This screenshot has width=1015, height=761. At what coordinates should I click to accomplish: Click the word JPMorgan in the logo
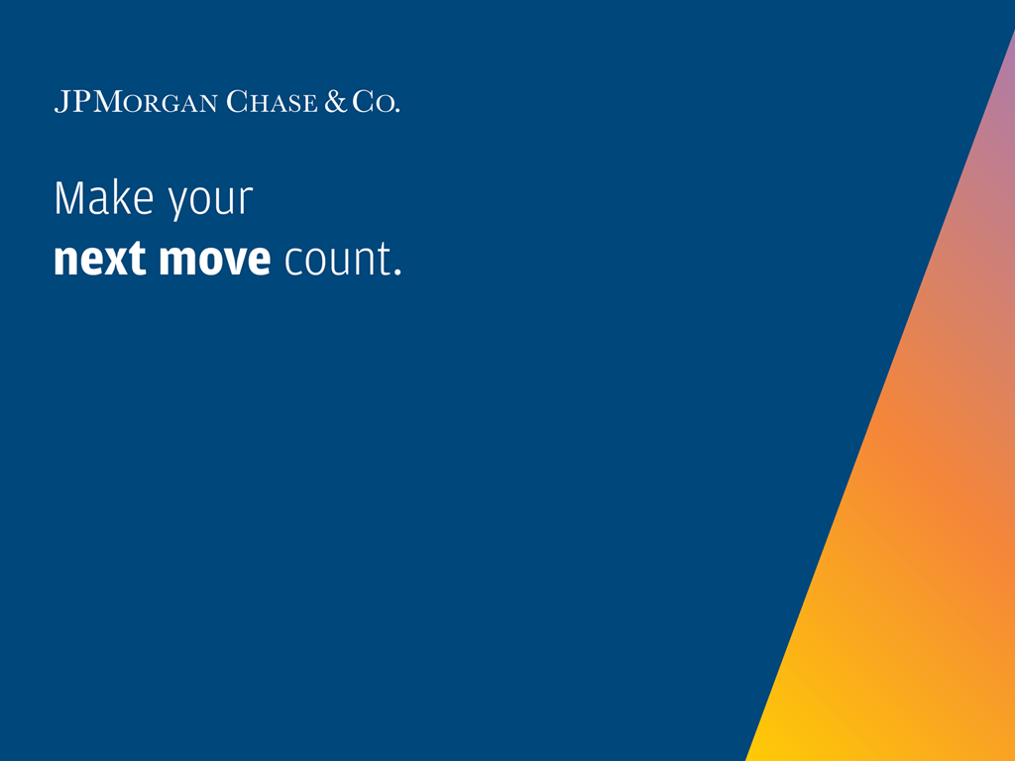[x=136, y=102]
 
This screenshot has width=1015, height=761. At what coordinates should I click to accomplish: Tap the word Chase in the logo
[x=272, y=102]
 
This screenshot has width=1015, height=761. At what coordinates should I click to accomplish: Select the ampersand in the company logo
[x=336, y=101]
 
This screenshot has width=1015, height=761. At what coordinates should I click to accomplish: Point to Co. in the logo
[x=376, y=102]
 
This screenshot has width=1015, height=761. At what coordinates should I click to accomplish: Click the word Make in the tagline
[x=104, y=198]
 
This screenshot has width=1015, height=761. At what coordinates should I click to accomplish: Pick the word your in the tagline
[x=211, y=202]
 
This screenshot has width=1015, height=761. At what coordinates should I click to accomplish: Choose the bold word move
[x=215, y=260]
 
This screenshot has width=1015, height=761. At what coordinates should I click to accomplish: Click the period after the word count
[x=397, y=272]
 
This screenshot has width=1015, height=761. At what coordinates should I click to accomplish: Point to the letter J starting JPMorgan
[x=62, y=102]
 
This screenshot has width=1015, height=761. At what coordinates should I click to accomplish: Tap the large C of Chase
[x=238, y=102]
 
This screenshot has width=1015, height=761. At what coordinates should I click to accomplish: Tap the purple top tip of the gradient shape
[x=1014, y=31]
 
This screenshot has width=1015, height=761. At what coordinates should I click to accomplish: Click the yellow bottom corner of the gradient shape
[x=748, y=759]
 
